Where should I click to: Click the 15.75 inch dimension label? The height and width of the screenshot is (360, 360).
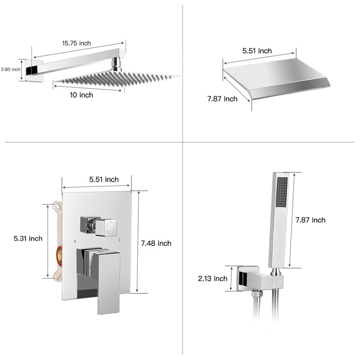coord(76,43)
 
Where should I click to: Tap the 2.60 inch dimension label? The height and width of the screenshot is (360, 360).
coord(10,69)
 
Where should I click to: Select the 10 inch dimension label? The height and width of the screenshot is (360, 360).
coord(81,95)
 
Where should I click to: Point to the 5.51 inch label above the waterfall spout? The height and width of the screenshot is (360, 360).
coord(257,51)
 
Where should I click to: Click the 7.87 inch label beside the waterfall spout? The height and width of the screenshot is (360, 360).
coord(222,99)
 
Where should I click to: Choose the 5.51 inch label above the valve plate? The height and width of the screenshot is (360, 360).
coord(104,179)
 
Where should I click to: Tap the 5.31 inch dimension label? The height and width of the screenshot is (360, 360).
coord(28,238)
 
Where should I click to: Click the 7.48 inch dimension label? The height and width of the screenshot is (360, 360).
coord(156,243)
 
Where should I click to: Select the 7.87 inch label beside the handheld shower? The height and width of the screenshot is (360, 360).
coord(310,220)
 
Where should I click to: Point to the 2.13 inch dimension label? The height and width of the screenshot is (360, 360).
coord(212,279)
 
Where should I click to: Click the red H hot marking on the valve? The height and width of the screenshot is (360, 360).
coord(75,241)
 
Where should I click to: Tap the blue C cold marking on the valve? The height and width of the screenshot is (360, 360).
coord(120,240)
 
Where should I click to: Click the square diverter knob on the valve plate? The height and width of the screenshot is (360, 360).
coord(99,226)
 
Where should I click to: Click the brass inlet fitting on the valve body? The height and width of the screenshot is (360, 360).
coord(59,256)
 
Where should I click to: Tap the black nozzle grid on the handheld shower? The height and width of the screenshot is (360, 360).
coord(282,192)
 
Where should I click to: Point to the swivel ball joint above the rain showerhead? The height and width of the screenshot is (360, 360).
coord(117,64)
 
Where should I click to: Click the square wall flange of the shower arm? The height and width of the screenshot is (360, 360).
coord(34,71)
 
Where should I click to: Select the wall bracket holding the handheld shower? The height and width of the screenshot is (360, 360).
coord(260,279)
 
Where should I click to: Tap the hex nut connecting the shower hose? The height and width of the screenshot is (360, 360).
coord(257,293)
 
